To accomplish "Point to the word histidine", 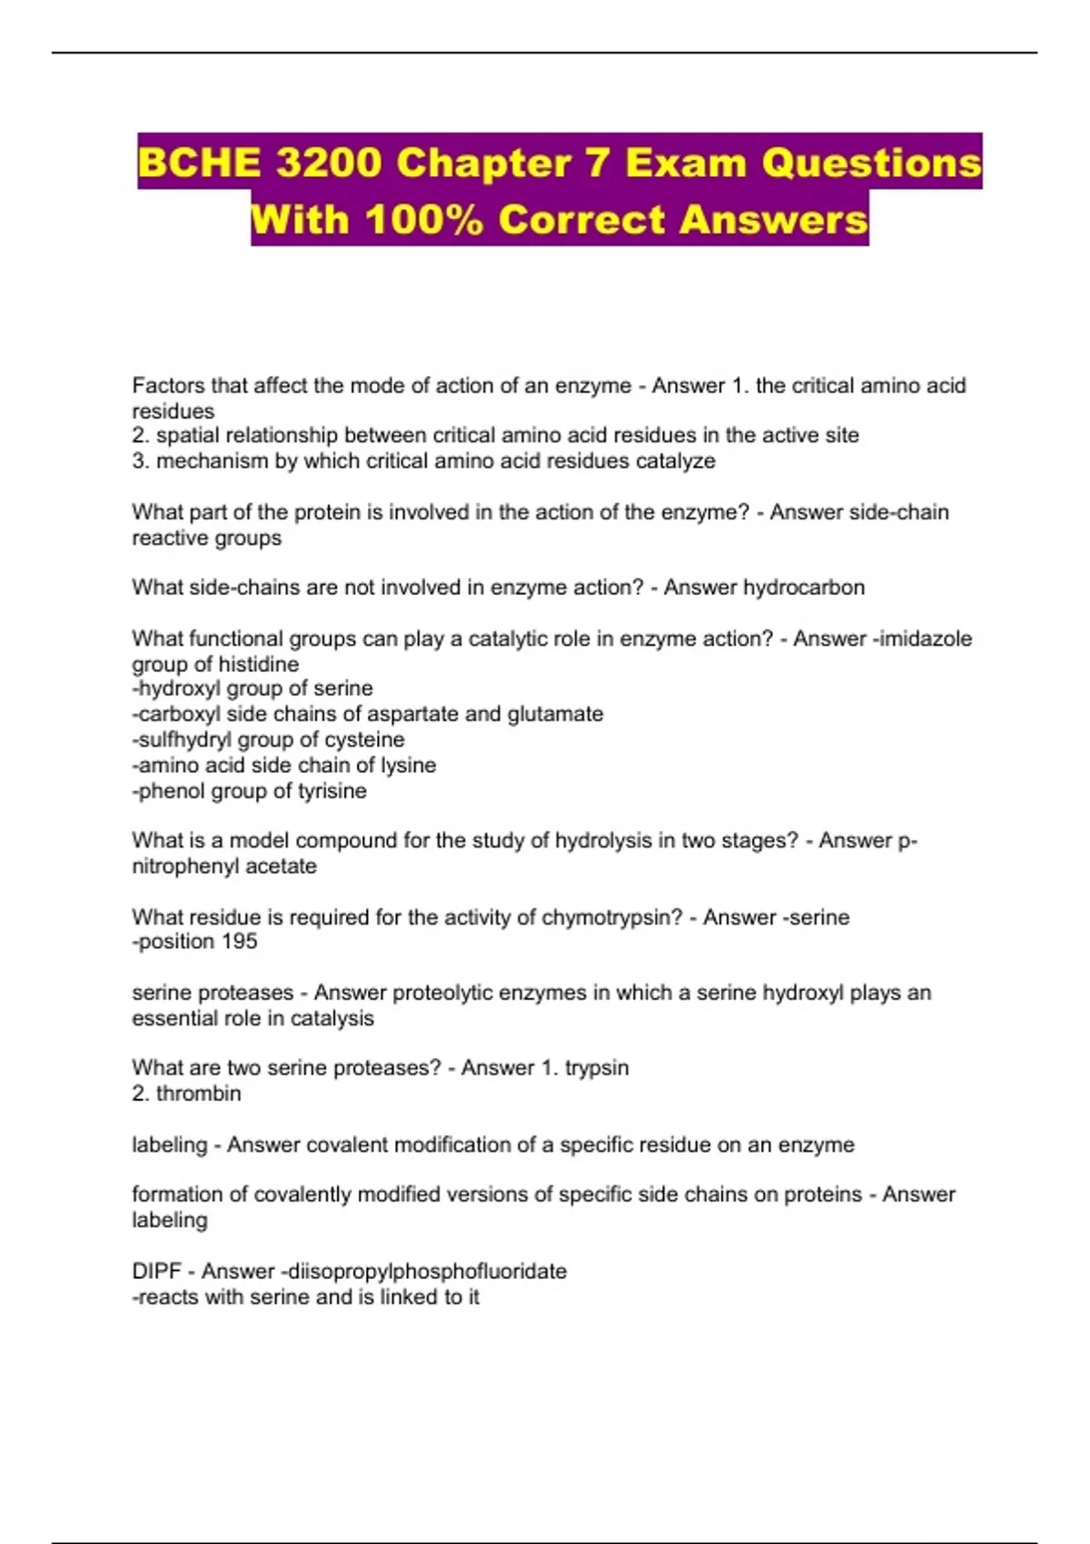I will point(255,664).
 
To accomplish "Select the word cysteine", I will point(364,739).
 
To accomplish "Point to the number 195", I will point(239,941).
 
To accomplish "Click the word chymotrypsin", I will point(611,917).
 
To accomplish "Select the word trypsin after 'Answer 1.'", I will point(597,1067).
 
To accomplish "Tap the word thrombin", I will point(199,1093).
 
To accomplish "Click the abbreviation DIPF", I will point(157,1271).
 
